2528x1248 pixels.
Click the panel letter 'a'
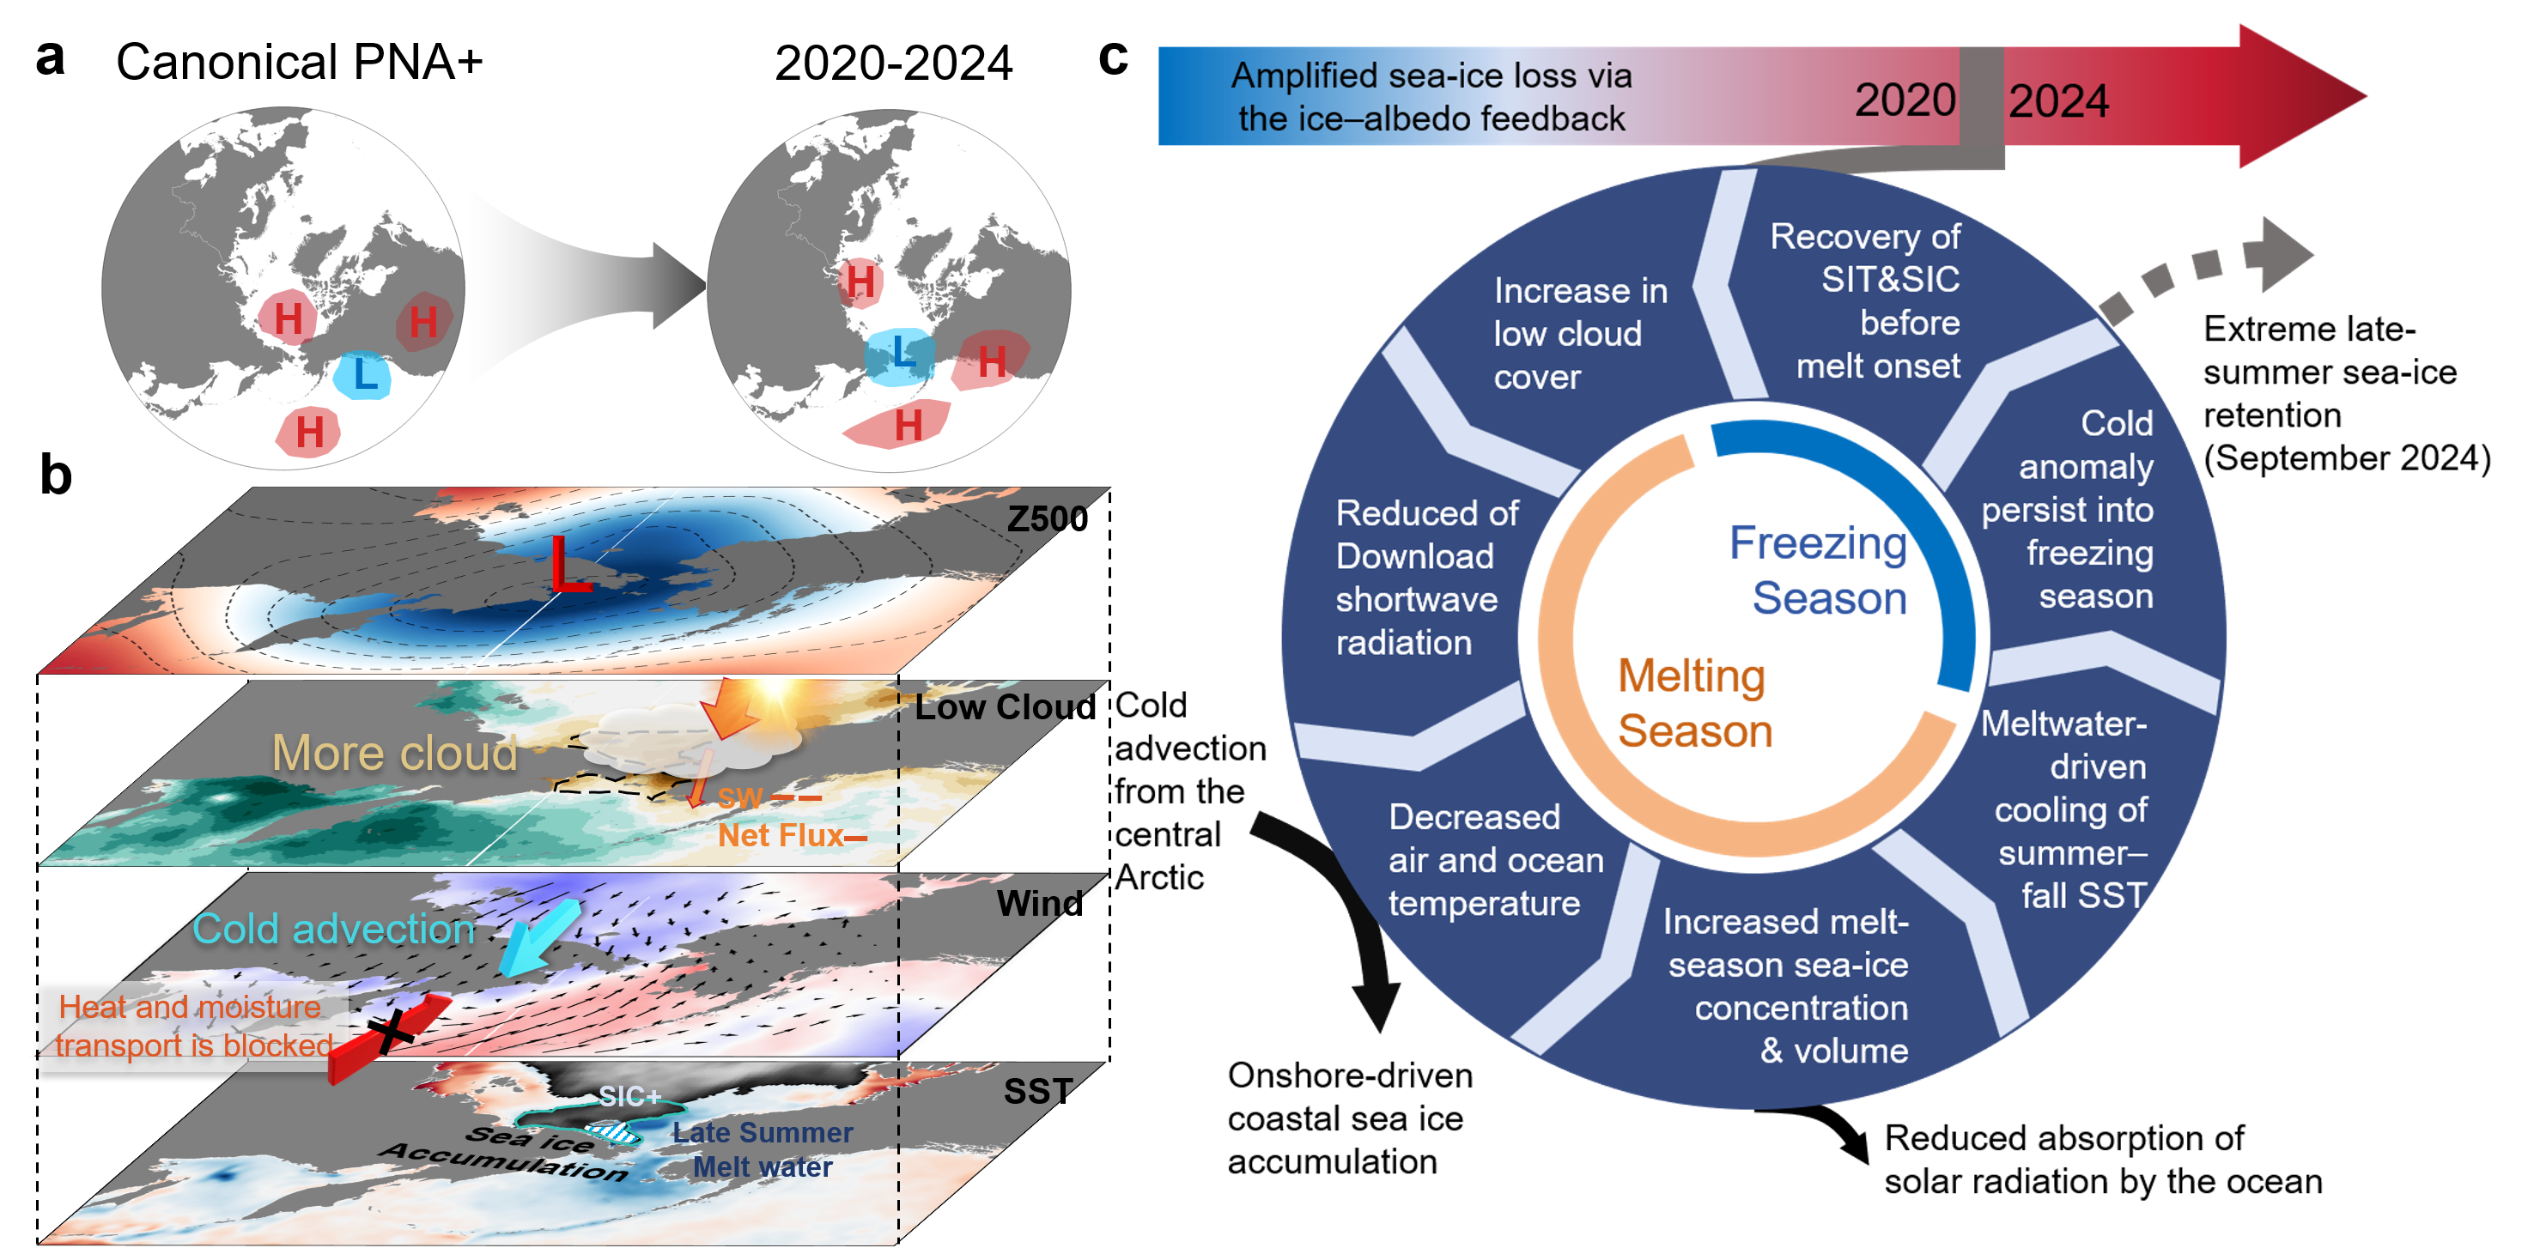50,59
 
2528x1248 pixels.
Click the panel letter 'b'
56,476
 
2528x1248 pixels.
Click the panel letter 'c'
1114,59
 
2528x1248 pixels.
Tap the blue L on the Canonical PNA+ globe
365,374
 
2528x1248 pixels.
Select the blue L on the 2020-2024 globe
902,350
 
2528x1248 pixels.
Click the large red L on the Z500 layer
570,564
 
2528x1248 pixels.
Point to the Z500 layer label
1047,518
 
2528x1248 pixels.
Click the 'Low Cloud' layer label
1005,706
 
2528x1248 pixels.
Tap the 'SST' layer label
1038,1091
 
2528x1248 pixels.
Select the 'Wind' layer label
1039,903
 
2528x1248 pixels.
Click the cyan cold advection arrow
538,938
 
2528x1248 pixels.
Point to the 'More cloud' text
394,754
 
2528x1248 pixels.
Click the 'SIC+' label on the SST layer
630,1096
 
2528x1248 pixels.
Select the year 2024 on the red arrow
2058,101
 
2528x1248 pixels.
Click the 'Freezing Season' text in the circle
1819,570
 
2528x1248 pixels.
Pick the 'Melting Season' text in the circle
1695,702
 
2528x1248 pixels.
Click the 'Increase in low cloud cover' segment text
1580,334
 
